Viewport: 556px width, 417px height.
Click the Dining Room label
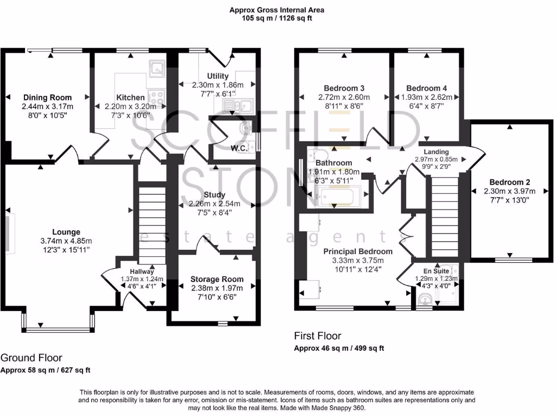coord(47,98)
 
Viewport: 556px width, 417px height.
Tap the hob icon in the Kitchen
coord(157,98)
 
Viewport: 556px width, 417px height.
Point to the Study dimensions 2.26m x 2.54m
coord(214,204)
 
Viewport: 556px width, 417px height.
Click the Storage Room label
coord(217,279)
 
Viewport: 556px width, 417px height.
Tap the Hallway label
coord(142,271)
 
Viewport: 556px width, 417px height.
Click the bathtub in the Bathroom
coord(338,197)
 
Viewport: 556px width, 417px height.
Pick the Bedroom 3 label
coord(344,88)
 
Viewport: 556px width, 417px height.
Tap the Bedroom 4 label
coord(426,88)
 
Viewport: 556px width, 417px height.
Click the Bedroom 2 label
coord(509,182)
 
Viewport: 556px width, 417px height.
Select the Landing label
coord(437,151)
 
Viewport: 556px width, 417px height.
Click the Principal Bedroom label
coord(357,251)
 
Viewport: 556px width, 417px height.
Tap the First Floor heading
coord(318,336)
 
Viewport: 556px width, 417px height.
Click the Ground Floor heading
coord(31,358)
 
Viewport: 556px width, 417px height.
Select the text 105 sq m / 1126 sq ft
coord(277,18)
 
